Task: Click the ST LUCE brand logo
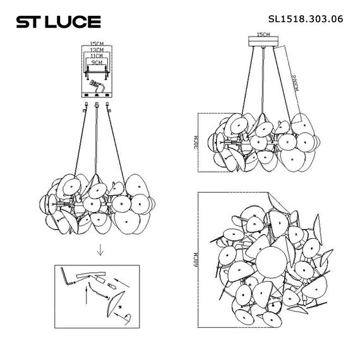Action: [x=57, y=22]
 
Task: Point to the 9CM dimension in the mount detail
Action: [x=97, y=63]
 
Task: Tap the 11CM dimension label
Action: [x=97, y=57]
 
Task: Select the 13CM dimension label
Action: [x=97, y=51]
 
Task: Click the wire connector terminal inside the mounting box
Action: [x=97, y=84]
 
